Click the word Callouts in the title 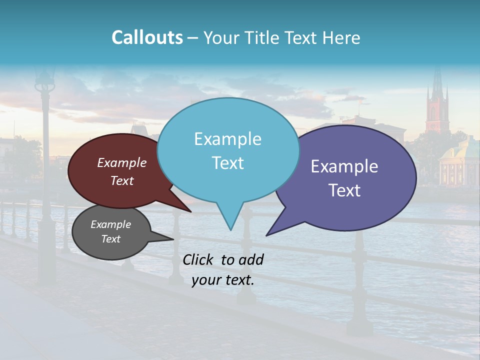[x=147, y=38]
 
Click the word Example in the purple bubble [x=344, y=166]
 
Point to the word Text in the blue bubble [x=228, y=163]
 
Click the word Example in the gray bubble [x=111, y=224]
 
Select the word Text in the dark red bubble [x=122, y=181]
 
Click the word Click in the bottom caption [x=199, y=259]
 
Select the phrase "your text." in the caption [x=223, y=280]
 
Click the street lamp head [x=45, y=80]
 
